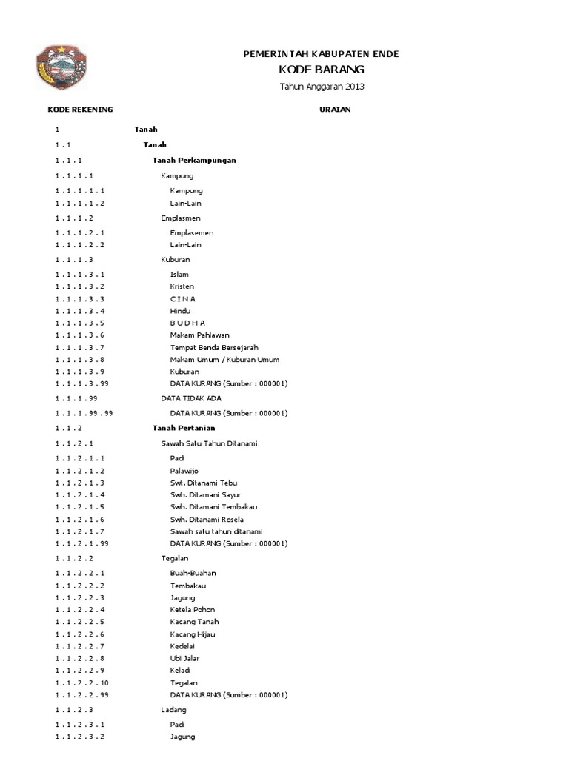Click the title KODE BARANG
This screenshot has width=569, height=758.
(x=321, y=70)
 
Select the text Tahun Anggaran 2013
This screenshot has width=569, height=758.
(x=322, y=87)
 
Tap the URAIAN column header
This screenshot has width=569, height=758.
(x=335, y=110)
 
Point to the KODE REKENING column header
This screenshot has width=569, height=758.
(x=80, y=110)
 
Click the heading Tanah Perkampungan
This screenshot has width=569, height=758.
(x=194, y=161)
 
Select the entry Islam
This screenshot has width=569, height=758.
(x=179, y=274)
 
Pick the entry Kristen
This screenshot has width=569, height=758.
(x=182, y=286)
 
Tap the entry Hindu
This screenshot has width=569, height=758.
(x=180, y=311)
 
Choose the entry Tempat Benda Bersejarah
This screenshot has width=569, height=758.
(x=214, y=347)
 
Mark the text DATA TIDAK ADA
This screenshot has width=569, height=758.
(x=191, y=398)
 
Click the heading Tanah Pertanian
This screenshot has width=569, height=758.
(x=184, y=428)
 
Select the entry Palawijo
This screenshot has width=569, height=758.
(x=184, y=471)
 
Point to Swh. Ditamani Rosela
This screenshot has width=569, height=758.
(x=207, y=520)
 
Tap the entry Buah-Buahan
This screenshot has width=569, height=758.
(x=193, y=573)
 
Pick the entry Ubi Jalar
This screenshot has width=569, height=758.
(x=184, y=658)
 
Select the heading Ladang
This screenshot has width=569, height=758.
(x=173, y=710)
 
